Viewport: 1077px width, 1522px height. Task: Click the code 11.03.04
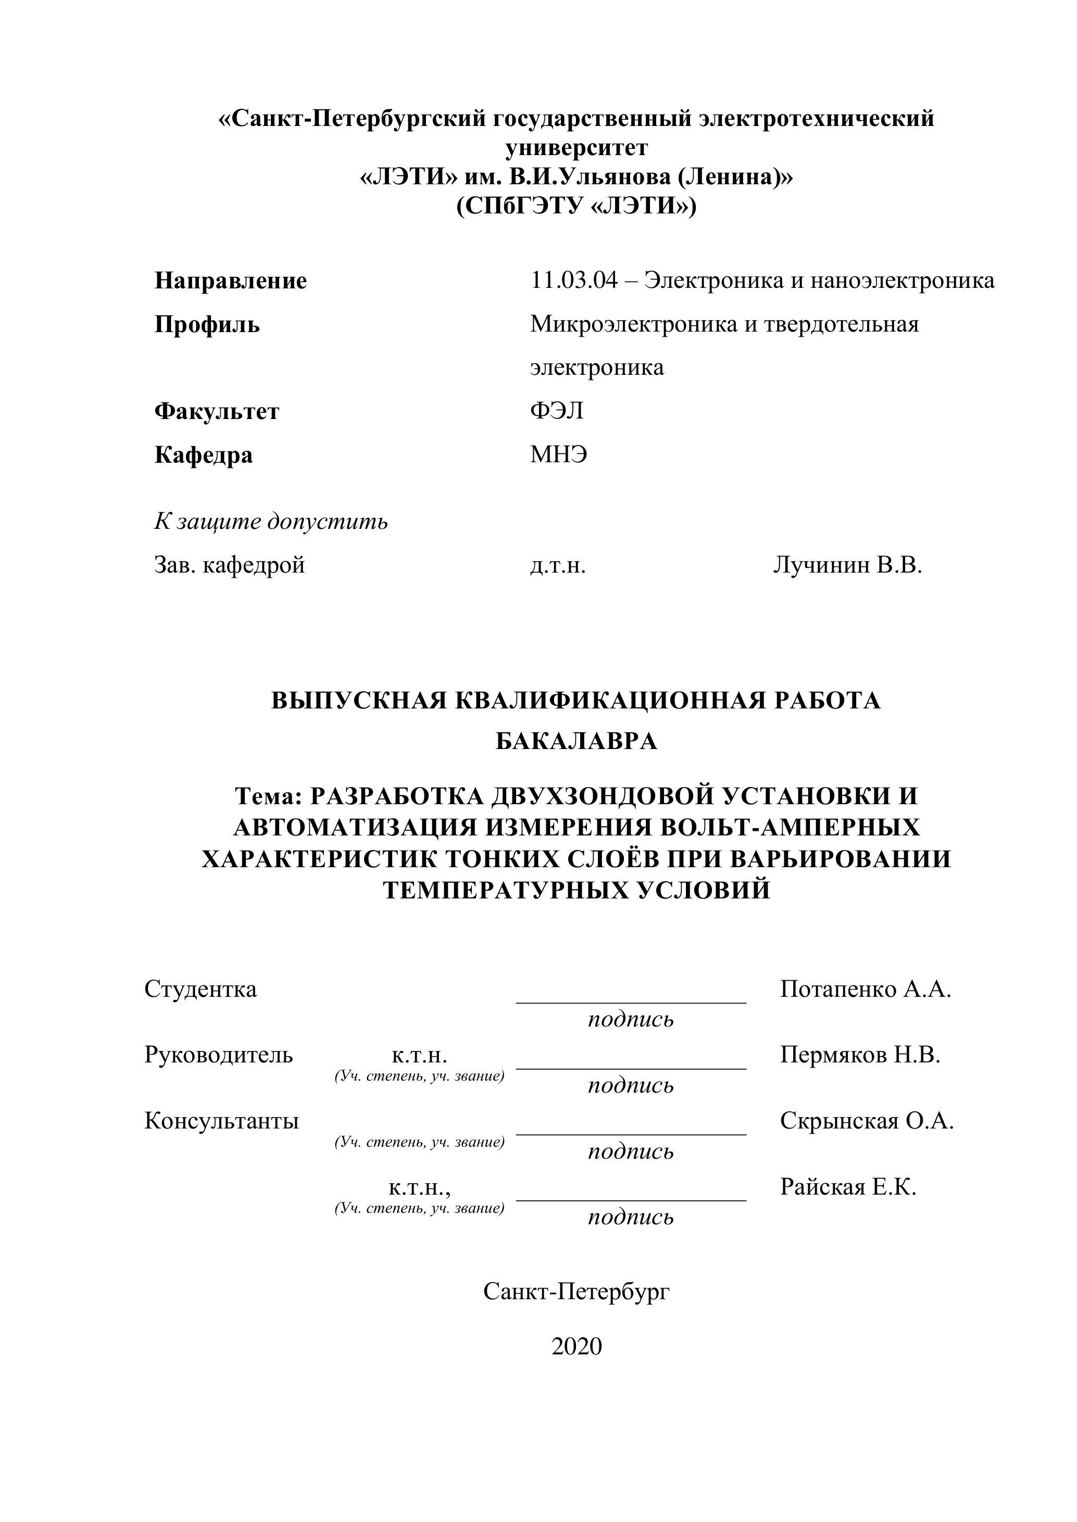click(573, 281)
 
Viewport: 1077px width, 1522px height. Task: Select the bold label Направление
click(231, 281)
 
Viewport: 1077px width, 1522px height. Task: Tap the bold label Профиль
click(207, 324)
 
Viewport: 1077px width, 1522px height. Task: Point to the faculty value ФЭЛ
click(556, 411)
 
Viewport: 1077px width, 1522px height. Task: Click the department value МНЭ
click(558, 455)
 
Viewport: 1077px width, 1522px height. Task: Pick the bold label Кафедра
click(204, 455)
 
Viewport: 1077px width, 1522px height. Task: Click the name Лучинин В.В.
click(847, 565)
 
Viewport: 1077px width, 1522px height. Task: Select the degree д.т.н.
click(558, 565)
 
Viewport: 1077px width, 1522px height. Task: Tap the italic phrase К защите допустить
click(271, 522)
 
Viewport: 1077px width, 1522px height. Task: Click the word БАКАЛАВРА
click(577, 741)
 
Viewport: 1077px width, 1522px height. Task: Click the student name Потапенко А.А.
click(866, 989)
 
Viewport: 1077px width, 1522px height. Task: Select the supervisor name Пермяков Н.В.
click(860, 1055)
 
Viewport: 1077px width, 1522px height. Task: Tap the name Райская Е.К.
click(847, 1187)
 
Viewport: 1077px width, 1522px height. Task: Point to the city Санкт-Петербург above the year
click(577, 1291)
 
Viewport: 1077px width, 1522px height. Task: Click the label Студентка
click(201, 989)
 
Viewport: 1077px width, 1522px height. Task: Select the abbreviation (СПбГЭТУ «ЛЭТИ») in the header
click(577, 207)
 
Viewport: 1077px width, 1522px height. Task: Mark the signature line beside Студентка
click(631, 1003)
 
